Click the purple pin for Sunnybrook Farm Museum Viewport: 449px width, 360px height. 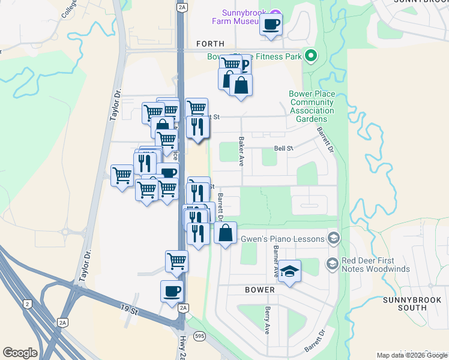[x=276, y=13]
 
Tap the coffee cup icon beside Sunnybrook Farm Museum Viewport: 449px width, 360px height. [x=271, y=25]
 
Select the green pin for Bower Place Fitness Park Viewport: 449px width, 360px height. [x=310, y=57]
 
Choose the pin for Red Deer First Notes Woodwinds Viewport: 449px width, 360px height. [x=331, y=263]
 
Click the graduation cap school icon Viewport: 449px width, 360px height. [x=289, y=271]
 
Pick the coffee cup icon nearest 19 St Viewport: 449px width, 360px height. [x=172, y=291]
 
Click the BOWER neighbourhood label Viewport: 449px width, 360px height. [x=260, y=290]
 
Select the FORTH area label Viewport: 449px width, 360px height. [x=210, y=44]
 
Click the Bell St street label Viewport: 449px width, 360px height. [x=283, y=148]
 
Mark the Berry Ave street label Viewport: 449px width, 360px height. [x=267, y=321]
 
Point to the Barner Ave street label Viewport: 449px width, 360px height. [x=276, y=262]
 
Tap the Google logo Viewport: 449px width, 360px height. [x=20, y=353]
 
